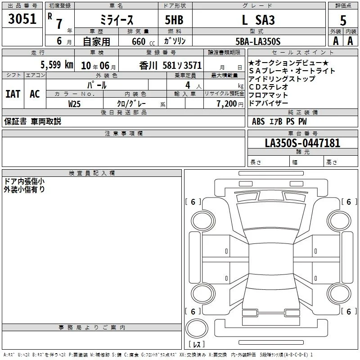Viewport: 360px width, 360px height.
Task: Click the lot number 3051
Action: pos(22,19)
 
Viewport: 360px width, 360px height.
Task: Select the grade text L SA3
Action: pos(258,20)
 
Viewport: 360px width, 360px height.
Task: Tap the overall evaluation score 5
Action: pos(343,21)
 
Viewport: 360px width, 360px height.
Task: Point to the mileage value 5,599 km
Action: pos(57,65)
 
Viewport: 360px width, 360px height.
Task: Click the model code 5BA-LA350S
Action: pos(258,41)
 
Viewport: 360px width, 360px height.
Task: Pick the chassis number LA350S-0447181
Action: pos(302,143)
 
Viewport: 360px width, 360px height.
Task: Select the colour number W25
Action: pos(74,104)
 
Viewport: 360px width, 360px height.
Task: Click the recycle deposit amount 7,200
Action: pos(227,104)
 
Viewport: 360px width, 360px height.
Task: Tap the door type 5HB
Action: pos(174,20)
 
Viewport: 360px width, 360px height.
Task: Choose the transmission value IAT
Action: pos(13,94)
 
